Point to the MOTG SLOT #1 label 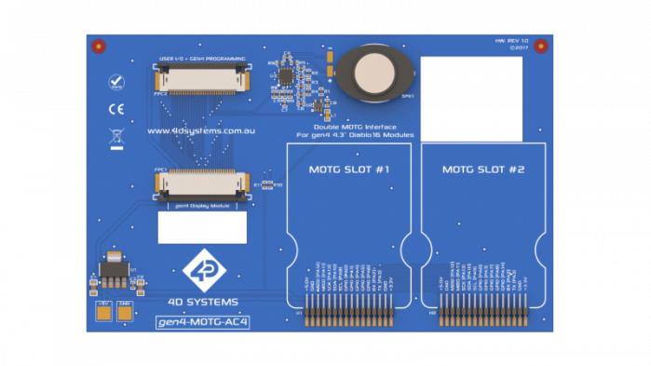(x=348, y=169)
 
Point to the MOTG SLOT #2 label (x=483, y=169)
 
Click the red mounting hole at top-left (x=100, y=46)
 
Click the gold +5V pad (x=103, y=313)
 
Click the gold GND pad (x=125, y=313)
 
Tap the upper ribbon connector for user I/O (x=203, y=78)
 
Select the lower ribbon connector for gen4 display (x=203, y=184)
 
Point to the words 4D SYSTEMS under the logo (x=202, y=301)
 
